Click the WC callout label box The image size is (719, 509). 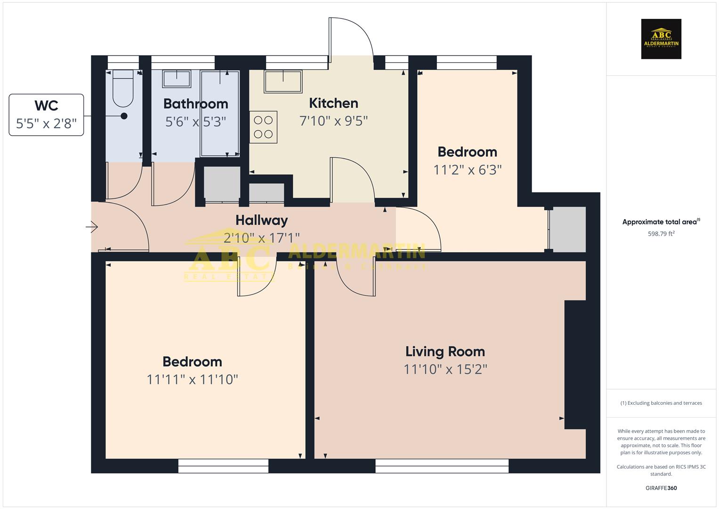click(46, 115)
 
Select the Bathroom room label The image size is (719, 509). click(195, 104)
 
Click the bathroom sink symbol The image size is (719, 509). click(177, 79)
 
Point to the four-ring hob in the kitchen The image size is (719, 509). click(263, 127)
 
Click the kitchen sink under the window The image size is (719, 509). click(283, 82)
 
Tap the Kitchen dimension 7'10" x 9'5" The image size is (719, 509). click(333, 121)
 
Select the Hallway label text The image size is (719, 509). click(261, 220)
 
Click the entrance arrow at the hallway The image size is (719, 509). click(92, 228)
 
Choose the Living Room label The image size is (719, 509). click(445, 352)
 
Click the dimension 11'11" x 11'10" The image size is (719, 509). click(192, 379)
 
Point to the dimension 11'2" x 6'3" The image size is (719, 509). click(467, 170)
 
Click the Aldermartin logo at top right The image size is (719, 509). click(661, 39)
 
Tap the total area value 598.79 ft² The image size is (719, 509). click(661, 234)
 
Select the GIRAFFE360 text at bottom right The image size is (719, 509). click(661, 488)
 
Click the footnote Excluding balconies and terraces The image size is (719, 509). click(661, 403)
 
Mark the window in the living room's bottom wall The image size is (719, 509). click(442, 466)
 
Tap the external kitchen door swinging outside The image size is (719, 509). click(351, 38)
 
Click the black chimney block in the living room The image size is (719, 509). click(575, 364)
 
